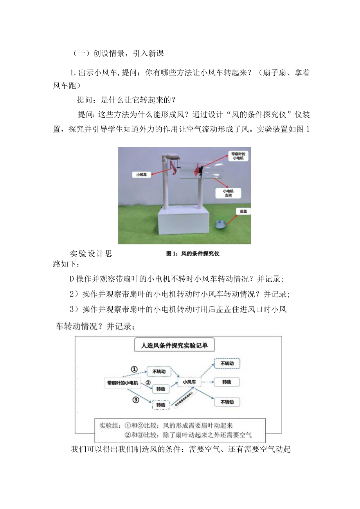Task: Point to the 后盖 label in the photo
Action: click(x=243, y=211)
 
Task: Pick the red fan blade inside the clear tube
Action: click(x=196, y=170)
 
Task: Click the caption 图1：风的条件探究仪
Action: click(x=193, y=254)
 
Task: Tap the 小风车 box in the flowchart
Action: click(x=189, y=381)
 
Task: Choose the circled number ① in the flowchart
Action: click(x=134, y=369)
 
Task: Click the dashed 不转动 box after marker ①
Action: click(x=159, y=371)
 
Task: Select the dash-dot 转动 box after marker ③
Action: click(x=160, y=405)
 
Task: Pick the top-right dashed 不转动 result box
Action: click(x=227, y=363)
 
